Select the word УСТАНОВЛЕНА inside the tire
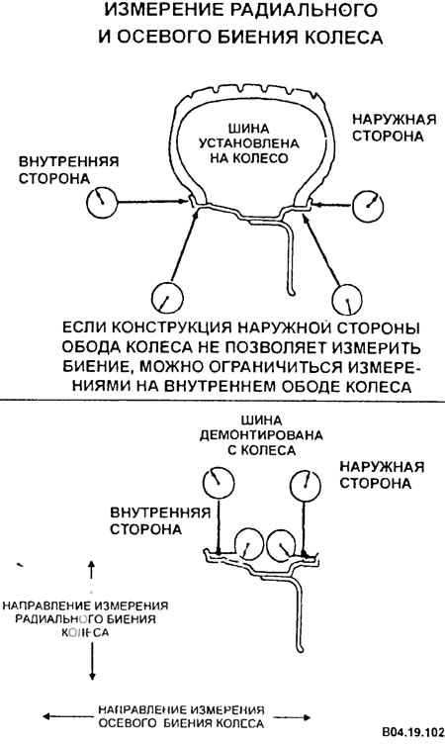(248, 143)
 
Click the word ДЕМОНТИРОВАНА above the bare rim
(260, 435)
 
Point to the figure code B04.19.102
(412, 731)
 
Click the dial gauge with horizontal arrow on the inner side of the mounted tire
(102, 201)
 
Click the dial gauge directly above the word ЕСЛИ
(167, 297)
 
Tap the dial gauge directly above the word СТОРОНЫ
(348, 299)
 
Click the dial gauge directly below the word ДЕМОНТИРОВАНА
(219, 482)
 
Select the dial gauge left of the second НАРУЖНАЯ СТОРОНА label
(305, 485)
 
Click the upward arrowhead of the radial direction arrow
(92, 564)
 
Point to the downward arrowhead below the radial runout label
(92, 677)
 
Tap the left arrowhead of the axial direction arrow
(46, 716)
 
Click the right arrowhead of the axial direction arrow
(306, 717)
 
